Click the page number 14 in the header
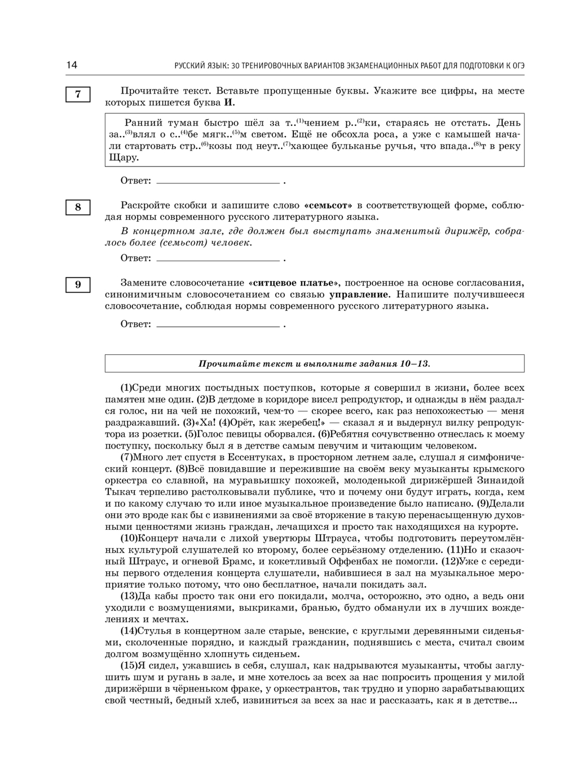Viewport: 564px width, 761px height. (72, 65)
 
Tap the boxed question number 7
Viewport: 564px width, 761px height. (78, 94)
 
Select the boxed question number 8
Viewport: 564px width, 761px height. (78, 207)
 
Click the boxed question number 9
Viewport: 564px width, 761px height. (78, 284)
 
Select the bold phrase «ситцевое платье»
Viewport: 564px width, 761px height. (293, 283)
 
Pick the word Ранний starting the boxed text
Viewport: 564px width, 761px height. (143, 123)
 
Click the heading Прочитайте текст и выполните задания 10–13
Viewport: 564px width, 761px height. (314, 364)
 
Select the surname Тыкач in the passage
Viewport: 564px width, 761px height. (121, 492)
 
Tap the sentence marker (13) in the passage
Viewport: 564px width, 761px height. (129, 596)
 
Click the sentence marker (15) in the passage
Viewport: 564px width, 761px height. (129, 666)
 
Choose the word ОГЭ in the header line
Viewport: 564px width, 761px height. (518, 65)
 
